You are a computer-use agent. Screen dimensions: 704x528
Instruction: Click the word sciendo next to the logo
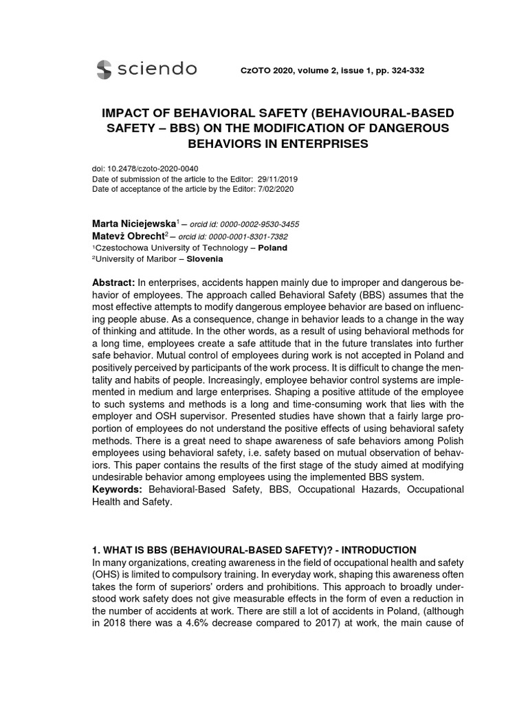click(157, 69)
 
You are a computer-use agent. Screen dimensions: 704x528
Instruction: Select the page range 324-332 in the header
click(408, 70)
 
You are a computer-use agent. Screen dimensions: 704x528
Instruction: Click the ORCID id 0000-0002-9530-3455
click(258, 225)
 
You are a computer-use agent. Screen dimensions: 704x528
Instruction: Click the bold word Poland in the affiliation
click(273, 248)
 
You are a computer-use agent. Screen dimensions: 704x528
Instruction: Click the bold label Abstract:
click(113, 284)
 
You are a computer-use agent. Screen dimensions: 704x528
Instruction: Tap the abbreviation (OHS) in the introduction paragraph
click(107, 575)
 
